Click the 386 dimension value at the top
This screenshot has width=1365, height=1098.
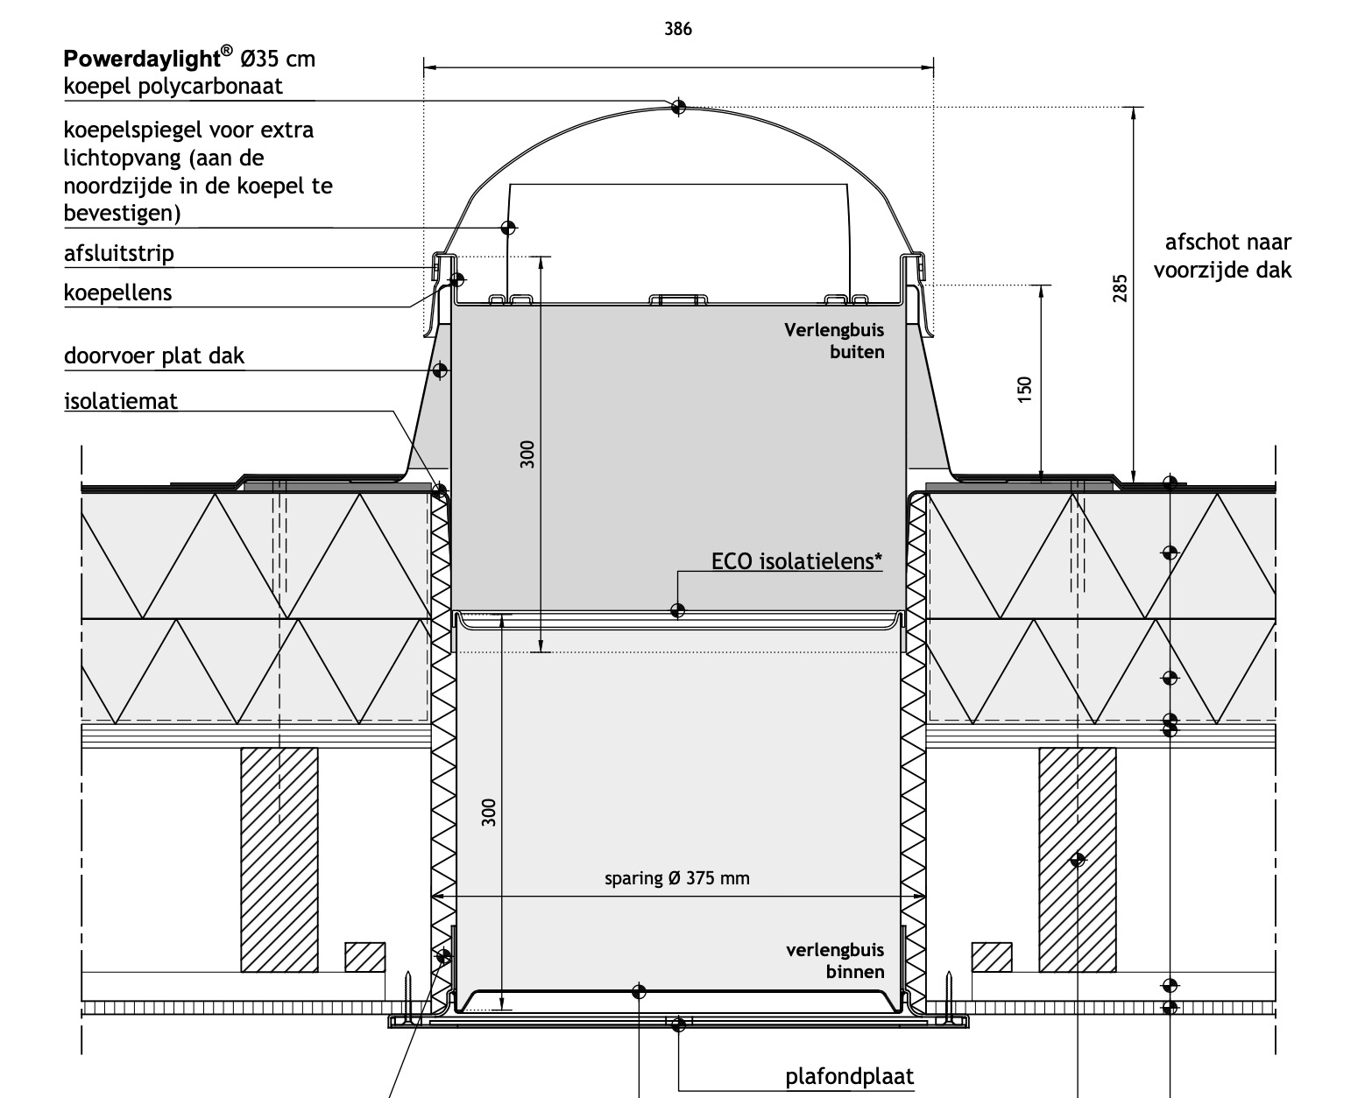pyautogui.click(x=678, y=29)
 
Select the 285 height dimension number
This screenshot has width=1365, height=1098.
pyautogui.click(x=1121, y=288)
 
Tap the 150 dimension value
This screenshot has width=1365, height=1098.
pyautogui.click(x=1024, y=390)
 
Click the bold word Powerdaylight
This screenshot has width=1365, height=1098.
pyautogui.click(x=141, y=60)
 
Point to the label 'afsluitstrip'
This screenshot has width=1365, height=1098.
pyautogui.click(x=118, y=254)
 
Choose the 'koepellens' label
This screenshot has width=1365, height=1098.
pyautogui.click(x=118, y=292)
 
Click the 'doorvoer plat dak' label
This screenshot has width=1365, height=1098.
pyautogui.click(x=154, y=355)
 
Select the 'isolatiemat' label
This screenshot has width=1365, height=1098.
pyautogui.click(x=121, y=401)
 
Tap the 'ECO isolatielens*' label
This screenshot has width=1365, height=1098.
pyautogui.click(x=796, y=561)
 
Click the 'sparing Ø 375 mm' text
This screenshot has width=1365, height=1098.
pyautogui.click(x=676, y=878)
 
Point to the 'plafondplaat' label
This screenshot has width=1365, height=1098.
pyautogui.click(x=849, y=1076)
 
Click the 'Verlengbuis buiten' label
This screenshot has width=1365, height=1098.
pyautogui.click(x=834, y=341)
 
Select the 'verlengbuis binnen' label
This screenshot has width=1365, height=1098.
pyautogui.click(x=835, y=961)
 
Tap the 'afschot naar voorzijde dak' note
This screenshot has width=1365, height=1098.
pyautogui.click(x=1222, y=257)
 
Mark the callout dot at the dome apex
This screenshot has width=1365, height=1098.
pyautogui.click(x=678, y=107)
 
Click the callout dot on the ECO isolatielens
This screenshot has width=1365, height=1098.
pyautogui.click(x=677, y=610)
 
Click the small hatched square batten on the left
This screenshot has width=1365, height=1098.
pyautogui.click(x=364, y=957)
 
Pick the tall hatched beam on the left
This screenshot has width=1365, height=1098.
pyautogui.click(x=279, y=860)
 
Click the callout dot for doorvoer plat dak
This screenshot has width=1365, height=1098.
pyautogui.click(x=440, y=370)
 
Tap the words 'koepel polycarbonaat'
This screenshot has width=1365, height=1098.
pyautogui.click(x=173, y=86)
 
